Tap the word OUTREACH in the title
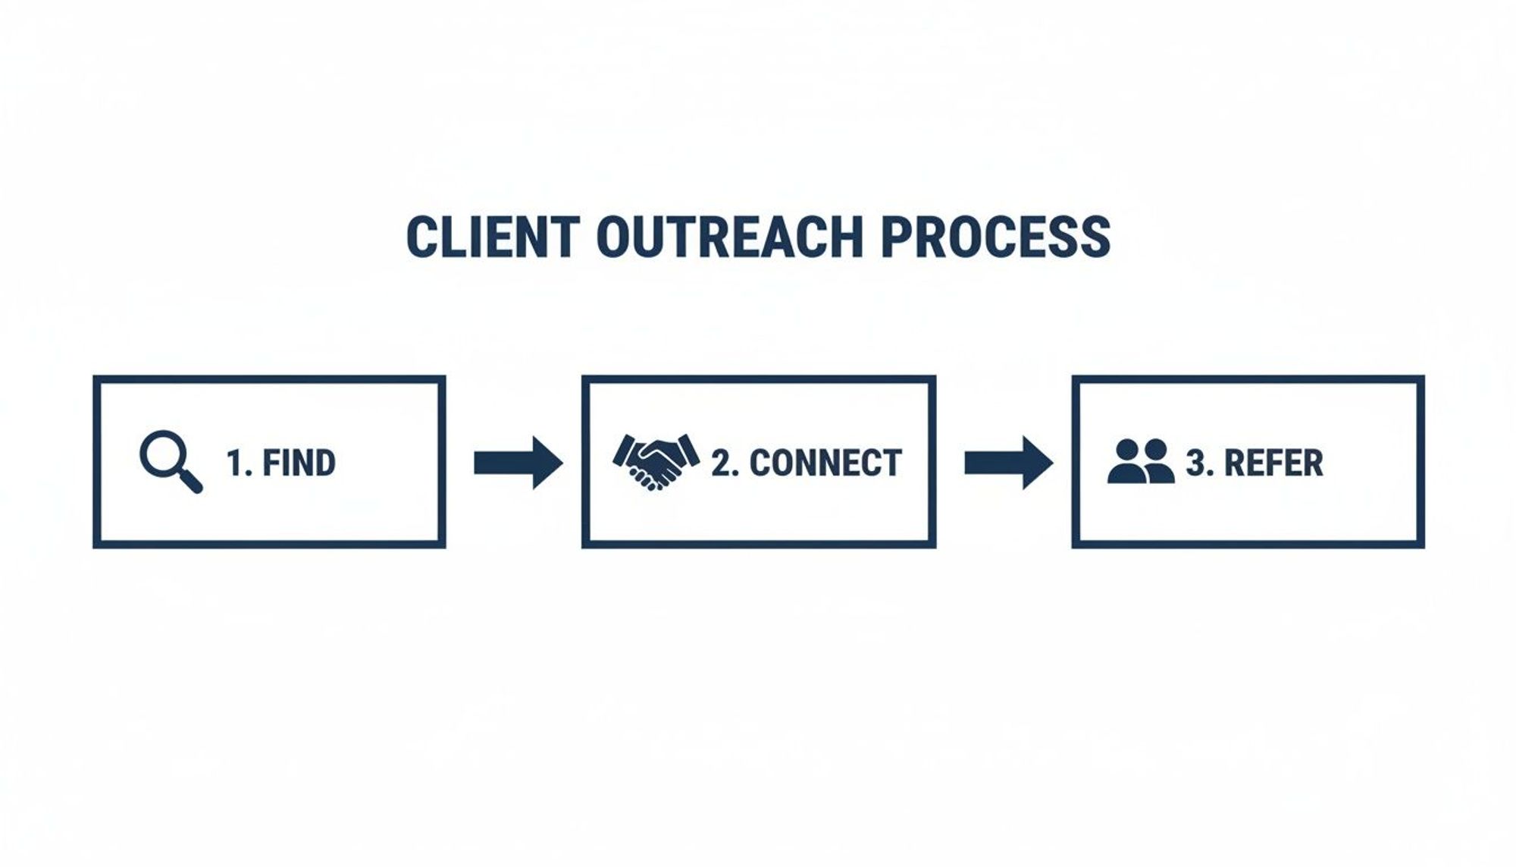tap(729, 237)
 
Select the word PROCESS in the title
tap(995, 237)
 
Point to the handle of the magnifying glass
tap(191, 482)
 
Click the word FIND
tap(299, 463)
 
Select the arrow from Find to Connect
tap(518, 463)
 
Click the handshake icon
tap(656, 461)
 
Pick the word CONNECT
tap(825, 463)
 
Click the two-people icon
tap(1141, 461)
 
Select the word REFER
tap(1273, 463)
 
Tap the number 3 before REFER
tap(1195, 463)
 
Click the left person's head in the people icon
tap(1128, 449)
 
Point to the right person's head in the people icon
tap(1155, 449)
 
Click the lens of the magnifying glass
tap(162, 454)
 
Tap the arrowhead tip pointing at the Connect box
tap(561, 463)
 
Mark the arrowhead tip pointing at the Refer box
tap(1051, 463)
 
